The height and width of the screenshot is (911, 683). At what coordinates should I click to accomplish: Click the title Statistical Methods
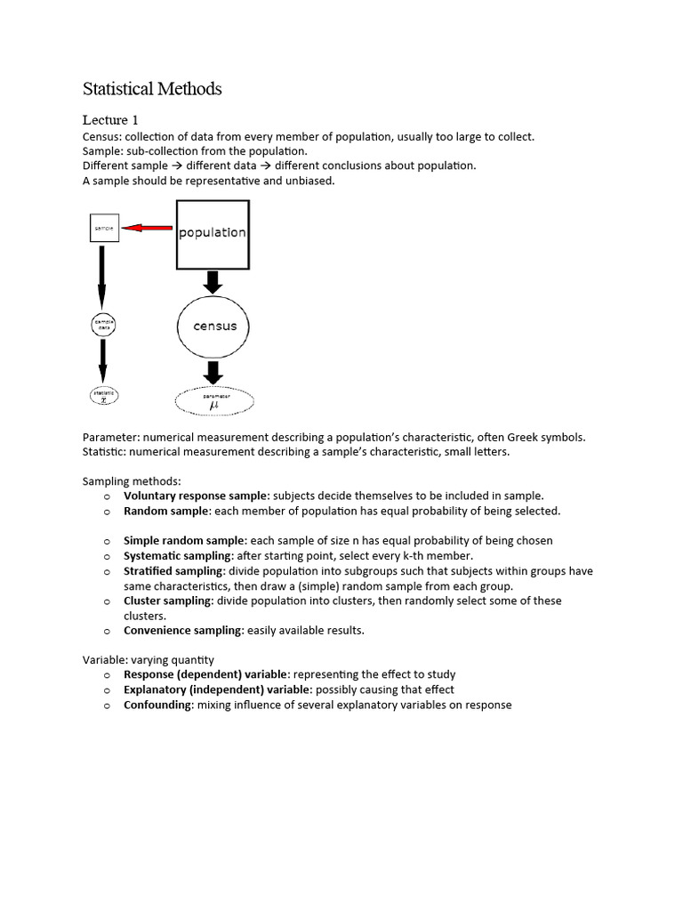pos(152,89)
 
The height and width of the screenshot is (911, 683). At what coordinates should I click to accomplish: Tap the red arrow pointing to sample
pos(147,229)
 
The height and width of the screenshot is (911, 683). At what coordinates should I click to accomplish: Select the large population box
pos(213,234)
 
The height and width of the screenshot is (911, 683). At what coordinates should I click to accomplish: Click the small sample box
pos(103,229)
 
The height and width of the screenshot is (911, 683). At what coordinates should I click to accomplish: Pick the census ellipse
pos(215,327)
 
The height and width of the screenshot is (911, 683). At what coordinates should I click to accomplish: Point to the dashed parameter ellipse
pos(214,402)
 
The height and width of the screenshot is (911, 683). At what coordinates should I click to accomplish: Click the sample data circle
pos(103,325)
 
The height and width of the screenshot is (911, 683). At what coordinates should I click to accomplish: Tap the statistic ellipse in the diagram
pos(103,395)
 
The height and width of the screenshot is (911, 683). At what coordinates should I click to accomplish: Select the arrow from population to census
pos(213,283)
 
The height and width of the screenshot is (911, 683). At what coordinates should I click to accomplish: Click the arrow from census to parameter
pos(213,372)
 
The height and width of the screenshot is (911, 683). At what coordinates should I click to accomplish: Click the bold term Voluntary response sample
pos(195,496)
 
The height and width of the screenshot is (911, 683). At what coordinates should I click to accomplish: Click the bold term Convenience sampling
pos(182,630)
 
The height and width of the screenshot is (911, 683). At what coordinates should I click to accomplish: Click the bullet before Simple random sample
pos(106,541)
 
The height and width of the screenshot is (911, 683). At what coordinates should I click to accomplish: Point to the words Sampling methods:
pos(131,481)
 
